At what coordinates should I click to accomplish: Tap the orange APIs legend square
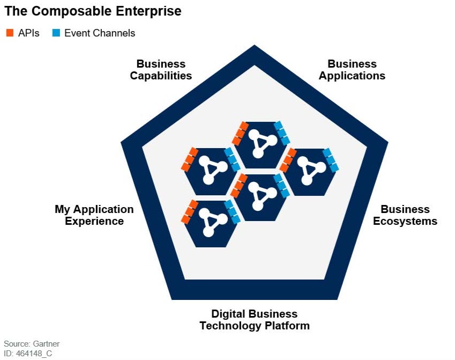point(10,33)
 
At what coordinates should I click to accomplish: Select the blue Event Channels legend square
point(56,33)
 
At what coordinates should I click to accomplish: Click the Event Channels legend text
point(100,33)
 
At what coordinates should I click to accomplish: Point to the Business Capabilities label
point(161,70)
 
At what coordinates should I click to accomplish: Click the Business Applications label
point(352,70)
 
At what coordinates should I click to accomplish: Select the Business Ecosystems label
point(405,215)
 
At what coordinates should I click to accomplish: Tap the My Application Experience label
point(94,215)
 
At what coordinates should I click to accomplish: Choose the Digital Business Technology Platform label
point(255,320)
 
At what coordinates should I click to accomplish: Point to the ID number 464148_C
point(34,354)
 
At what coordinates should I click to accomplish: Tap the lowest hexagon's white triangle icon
point(213,222)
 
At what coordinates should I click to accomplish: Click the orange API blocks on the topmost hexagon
point(240,134)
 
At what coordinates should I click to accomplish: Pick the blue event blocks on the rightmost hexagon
point(331,160)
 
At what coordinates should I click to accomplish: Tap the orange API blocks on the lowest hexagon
point(190,212)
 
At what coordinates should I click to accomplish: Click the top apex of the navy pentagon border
point(255,45)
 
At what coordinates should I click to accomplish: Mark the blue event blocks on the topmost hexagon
point(282,133)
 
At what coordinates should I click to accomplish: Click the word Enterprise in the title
point(148,12)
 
